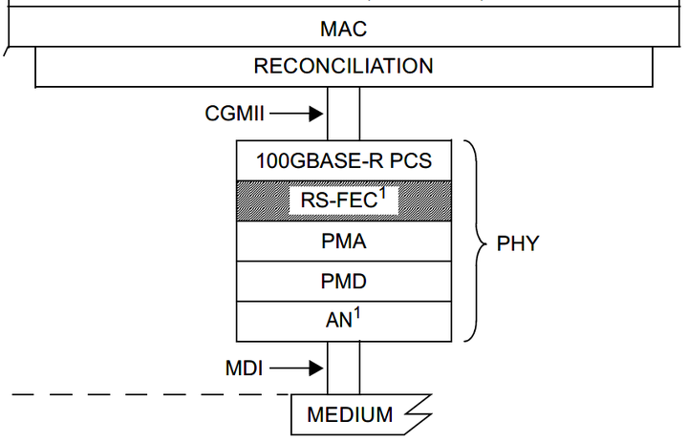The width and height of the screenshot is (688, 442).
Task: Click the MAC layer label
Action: click(343, 29)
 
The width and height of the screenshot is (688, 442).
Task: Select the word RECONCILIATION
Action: click(343, 66)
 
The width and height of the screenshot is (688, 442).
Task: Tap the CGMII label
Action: click(234, 114)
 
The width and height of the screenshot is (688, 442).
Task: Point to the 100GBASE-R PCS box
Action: click(343, 160)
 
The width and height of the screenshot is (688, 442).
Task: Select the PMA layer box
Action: click(343, 242)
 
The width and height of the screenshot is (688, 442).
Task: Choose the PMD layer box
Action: click(343, 283)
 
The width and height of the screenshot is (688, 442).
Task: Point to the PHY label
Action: click(518, 242)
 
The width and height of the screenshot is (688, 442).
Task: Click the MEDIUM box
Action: click(350, 414)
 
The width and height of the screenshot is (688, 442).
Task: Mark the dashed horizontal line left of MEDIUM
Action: click(143, 393)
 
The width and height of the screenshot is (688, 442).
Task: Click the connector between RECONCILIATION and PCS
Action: click(343, 113)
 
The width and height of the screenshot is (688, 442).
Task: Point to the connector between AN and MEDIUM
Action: click(343, 367)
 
